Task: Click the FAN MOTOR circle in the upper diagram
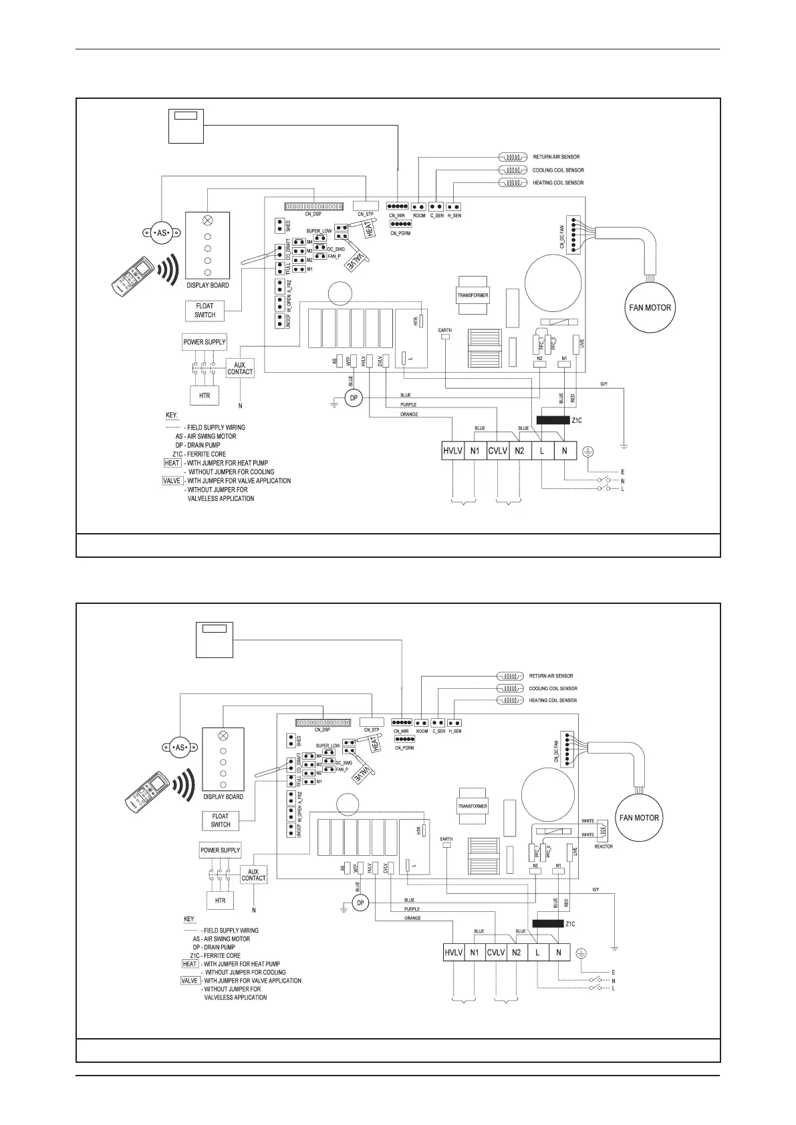point(650,308)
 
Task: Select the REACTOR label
point(604,846)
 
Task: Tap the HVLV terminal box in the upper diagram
point(452,451)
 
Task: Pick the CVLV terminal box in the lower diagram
point(496,952)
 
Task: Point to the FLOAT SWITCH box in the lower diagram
point(221,820)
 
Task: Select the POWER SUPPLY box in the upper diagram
point(205,342)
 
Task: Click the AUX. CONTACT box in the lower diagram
point(253,875)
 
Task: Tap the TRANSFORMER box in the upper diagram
point(473,295)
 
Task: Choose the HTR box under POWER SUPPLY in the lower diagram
point(221,901)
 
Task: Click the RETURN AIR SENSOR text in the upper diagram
point(556,157)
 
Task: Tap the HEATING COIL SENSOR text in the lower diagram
point(553,701)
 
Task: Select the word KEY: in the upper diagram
point(172,416)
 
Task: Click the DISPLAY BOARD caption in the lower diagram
point(223,797)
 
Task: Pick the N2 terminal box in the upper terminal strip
point(519,451)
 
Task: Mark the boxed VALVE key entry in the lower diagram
point(190,981)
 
